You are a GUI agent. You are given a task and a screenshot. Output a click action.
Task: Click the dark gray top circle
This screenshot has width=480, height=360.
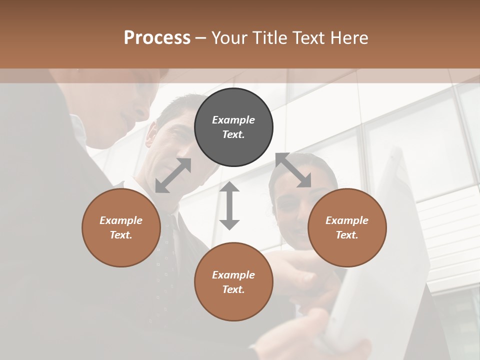233,127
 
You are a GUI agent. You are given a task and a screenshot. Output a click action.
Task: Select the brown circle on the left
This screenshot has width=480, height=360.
121,227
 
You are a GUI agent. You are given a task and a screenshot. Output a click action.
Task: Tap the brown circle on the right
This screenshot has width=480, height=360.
347,227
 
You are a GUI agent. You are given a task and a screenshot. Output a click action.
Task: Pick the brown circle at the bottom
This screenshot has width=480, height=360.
233,282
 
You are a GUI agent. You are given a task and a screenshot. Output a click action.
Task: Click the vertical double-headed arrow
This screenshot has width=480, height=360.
229,205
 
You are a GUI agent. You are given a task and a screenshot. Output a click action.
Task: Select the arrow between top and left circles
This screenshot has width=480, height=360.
173,175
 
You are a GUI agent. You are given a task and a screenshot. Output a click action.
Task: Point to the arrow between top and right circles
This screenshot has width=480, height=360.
293,170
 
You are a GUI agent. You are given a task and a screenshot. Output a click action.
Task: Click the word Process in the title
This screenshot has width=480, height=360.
157,37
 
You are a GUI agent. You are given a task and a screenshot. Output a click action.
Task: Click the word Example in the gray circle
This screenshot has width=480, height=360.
233,120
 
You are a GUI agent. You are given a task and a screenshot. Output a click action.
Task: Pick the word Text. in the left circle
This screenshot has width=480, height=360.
121,235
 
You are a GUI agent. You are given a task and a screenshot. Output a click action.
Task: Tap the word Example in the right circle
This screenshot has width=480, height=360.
347,220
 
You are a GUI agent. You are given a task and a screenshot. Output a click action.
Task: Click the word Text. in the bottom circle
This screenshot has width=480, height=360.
233,289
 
